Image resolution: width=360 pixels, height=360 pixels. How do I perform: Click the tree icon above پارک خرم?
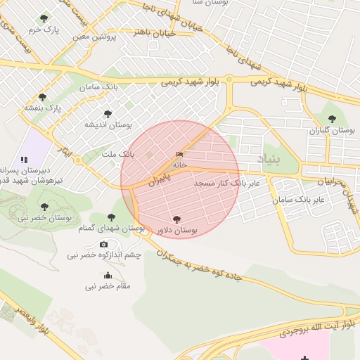[x=44, y=18]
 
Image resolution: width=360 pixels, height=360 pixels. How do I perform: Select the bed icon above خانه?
[x=180, y=155]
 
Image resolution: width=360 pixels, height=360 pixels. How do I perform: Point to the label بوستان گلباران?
[x=332, y=131]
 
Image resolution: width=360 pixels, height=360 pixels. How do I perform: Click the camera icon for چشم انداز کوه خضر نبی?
[x=104, y=244]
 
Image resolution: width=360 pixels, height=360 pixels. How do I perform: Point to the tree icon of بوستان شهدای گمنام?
[x=111, y=217]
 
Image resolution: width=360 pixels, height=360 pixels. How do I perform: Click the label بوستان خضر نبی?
[x=44, y=218]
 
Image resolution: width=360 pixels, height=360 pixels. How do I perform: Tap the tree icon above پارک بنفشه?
[x=43, y=97]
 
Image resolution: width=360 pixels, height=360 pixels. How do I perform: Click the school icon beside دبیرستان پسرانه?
[x=25, y=160]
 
